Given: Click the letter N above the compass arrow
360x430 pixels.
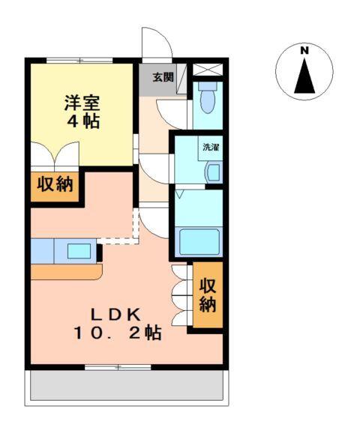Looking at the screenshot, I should click(x=304, y=51).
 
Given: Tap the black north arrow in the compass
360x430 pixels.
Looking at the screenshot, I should click(x=304, y=76).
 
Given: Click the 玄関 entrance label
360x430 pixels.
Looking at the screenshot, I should click(x=163, y=76).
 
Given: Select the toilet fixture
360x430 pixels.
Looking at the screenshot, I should click(x=207, y=97).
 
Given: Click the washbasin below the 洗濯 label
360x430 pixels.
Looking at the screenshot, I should click(x=212, y=173).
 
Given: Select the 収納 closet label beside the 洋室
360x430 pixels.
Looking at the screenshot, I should click(x=56, y=184).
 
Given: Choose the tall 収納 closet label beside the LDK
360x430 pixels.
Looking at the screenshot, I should click(x=208, y=294).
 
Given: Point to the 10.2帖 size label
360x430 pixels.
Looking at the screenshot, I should click(x=117, y=334).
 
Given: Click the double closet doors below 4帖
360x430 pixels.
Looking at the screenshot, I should click(x=55, y=157).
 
